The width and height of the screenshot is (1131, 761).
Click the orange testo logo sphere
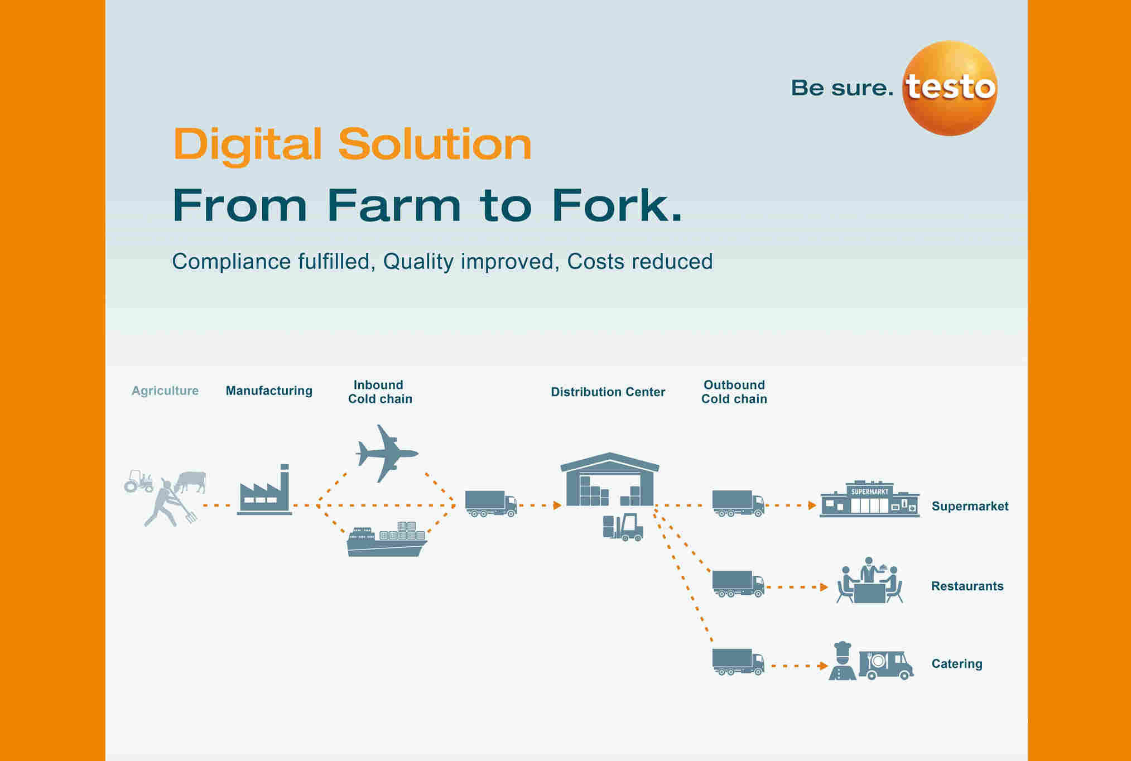click(x=950, y=88)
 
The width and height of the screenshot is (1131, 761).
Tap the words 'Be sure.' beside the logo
click(x=842, y=88)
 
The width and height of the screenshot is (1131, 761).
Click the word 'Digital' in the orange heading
click(x=248, y=145)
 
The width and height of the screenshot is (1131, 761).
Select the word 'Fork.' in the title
click(x=617, y=205)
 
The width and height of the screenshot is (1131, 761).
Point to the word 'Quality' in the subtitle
click(x=418, y=262)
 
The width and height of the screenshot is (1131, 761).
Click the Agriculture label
click(x=165, y=391)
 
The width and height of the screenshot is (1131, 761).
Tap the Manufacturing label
click(x=269, y=391)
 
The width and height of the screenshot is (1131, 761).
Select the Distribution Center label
click(x=608, y=392)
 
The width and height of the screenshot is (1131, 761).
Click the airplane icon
click(x=387, y=453)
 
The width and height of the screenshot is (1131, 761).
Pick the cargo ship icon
click(x=387, y=540)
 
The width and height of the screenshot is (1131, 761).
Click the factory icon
click(x=264, y=489)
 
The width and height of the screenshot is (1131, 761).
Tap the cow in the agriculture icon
click(x=191, y=481)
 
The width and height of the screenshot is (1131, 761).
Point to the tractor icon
click(x=138, y=481)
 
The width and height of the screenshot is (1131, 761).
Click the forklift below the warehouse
click(x=623, y=527)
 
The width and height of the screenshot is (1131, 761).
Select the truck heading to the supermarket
click(x=738, y=503)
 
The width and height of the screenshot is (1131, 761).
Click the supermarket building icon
click(x=869, y=499)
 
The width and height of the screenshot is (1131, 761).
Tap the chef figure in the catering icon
click(x=843, y=661)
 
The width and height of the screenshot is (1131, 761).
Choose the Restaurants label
click(x=968, y=586)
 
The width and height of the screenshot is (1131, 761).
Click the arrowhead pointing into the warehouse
click(x=557, y=505)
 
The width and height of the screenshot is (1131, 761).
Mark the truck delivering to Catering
click(x=738, y=662)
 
